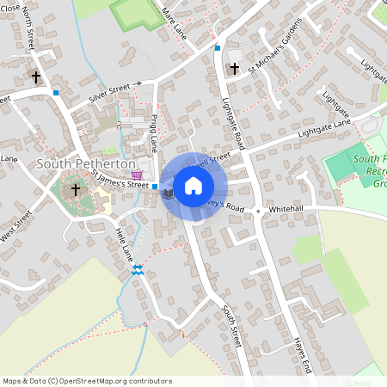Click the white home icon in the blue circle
pyautogui.click(x=193, y=185)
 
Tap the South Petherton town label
pyautogui.click(x=86, y=163)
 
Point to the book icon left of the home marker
pyautogui.click(x=169, y=195)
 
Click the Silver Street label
pyautogui.click(x=114, y=94)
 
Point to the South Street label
pyautogui.click(x=230, y=327)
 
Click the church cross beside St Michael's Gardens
pyautogui.click(x=234, y=69)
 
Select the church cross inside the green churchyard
pyautogui.click(x=75, y=188)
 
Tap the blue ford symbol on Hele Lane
pyautogui.click(x=137, y=270)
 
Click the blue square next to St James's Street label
pyautogui.click(x=155, y=187)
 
